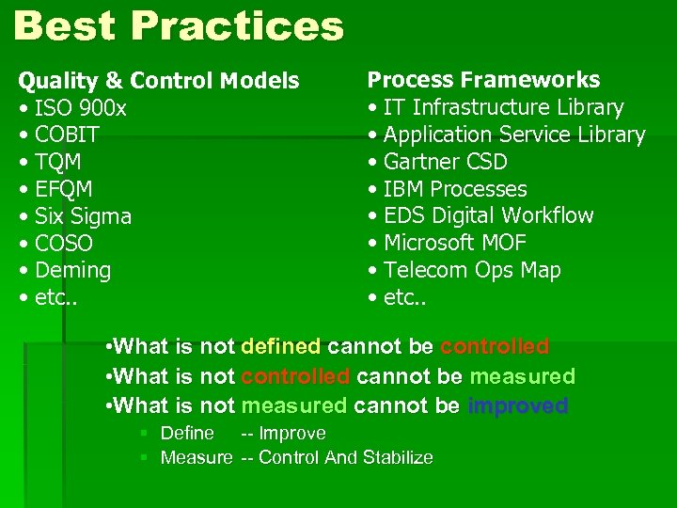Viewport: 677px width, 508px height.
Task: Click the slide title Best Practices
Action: [x=179, y=25]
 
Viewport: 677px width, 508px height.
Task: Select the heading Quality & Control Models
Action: [x=159, y=81]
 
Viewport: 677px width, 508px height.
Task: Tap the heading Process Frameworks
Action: [x=483, y=80]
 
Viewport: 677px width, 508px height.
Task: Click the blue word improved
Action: [x=517, y=406]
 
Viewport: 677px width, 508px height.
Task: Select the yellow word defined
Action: [x=280, y=346]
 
